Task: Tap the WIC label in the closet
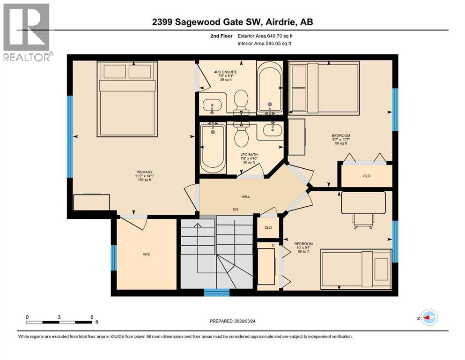[147, 254]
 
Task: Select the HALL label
[245, 196]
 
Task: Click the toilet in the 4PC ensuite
[241, 101]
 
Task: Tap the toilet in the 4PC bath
[241, 136]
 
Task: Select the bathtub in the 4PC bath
[213, 147]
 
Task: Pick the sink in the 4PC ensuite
[213, 105]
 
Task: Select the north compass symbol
[428, 318]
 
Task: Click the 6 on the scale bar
[92, 317]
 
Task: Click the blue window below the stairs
[216, 293]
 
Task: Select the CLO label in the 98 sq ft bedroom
[366, 176]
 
